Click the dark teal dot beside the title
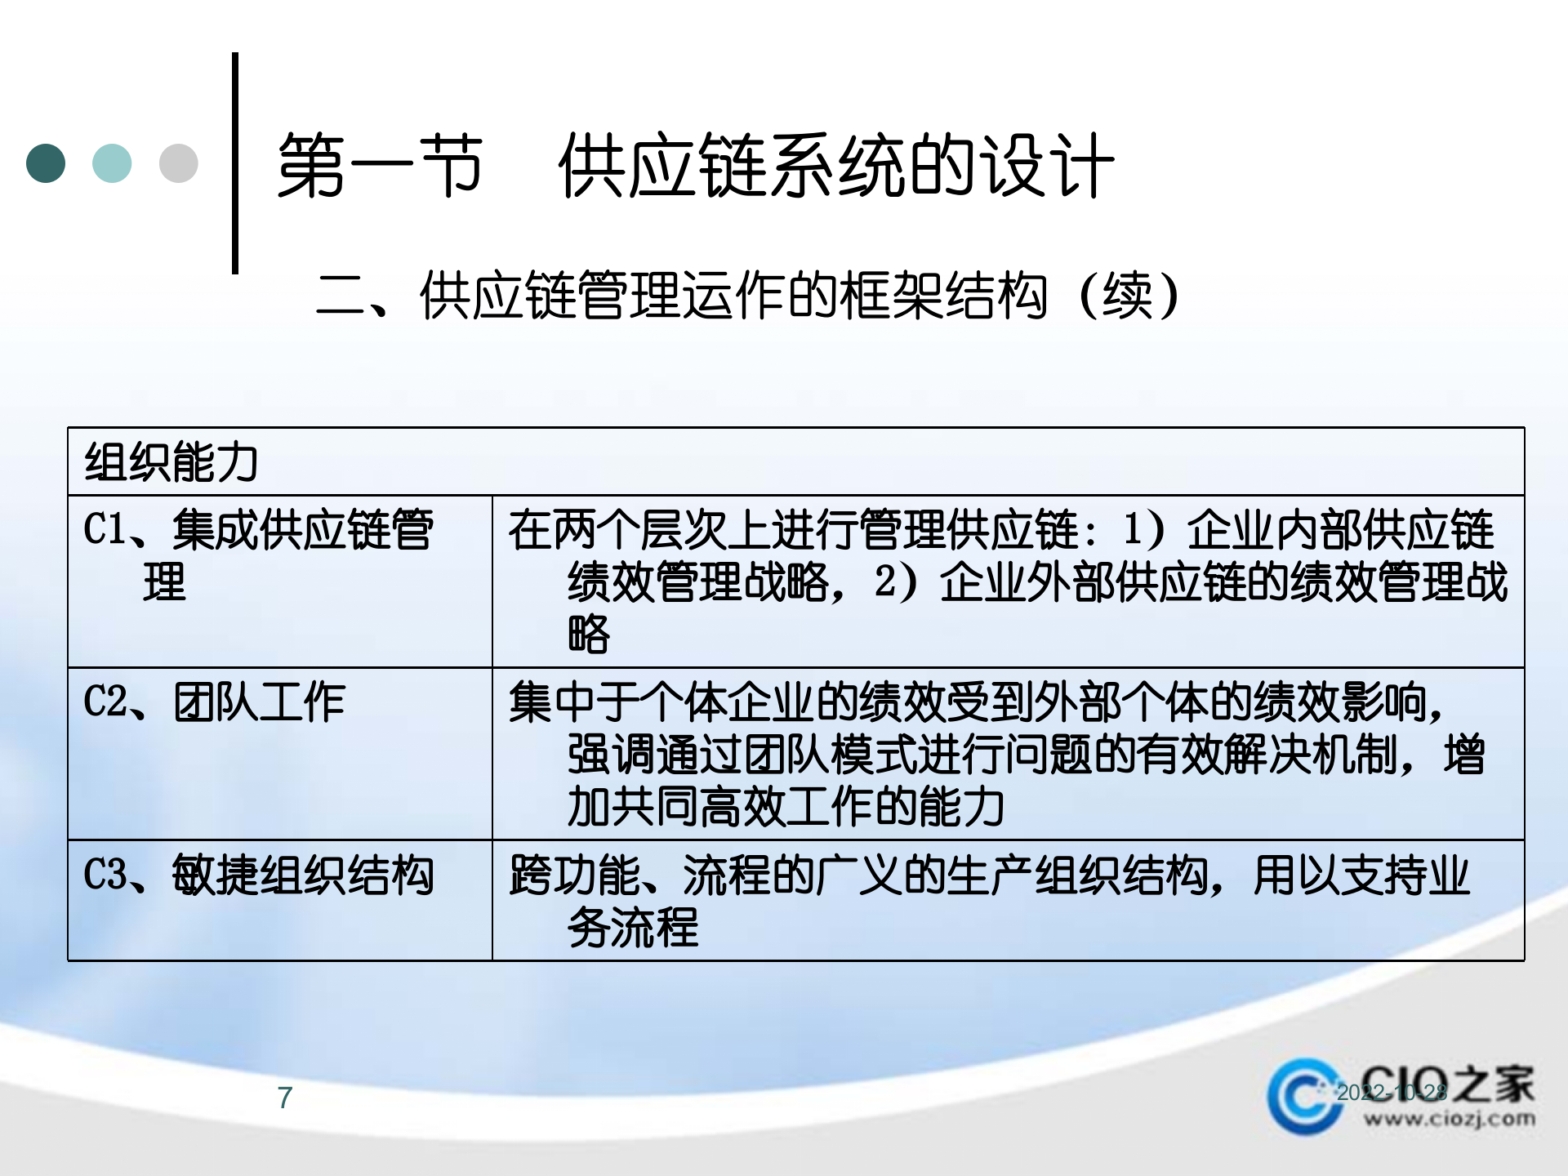(x=46, y=163)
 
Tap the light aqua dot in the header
(x=112, y=163)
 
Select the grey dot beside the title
(x=178, y=163)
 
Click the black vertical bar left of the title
(x=235, y=163)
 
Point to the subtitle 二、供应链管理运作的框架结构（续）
(x=747, y=296)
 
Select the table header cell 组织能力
(x=171, y=462)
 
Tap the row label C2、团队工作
(x=215, y=702)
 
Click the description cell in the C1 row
(x=1008, y=581)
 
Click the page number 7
(x=284, y=1098)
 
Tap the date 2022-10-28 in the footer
(x=1392, y=1093)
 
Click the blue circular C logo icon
(x=1305, y=1096)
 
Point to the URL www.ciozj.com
(x=1449, y=1119)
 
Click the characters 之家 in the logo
(x=1494, y=1083)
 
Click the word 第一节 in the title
(x=381, y=167)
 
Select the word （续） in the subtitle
(x=1129, y=296)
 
